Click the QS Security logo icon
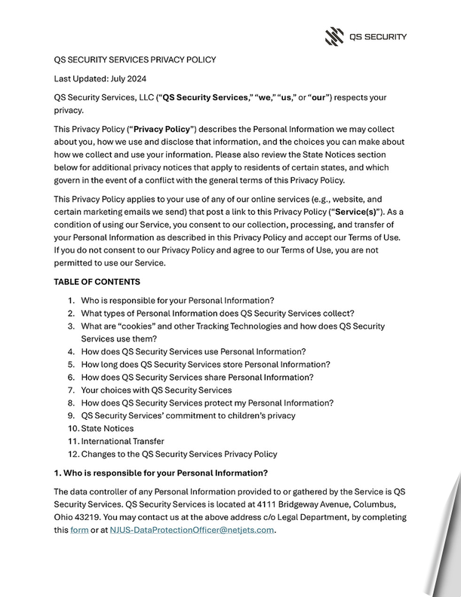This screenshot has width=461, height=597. point(334,35)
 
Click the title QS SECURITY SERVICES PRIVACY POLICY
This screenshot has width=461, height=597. point(135,60)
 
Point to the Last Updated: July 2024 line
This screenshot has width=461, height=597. point(100,78)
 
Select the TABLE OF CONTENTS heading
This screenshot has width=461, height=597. point(97,282)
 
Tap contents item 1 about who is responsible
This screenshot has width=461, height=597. point(177,300)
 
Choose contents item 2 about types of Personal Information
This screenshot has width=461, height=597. point(217,313)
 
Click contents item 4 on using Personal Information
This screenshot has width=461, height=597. point(193,351)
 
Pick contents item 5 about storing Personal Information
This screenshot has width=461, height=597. point(205,364)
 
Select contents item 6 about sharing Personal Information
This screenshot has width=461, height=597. point(197,377)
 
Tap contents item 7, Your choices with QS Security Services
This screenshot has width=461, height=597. point(156,390)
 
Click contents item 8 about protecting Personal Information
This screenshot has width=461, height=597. point(207,403)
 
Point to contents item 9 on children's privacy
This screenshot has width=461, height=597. point(188,415)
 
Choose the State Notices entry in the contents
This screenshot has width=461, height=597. point(107,428)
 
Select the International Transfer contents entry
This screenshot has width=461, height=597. point(122,441)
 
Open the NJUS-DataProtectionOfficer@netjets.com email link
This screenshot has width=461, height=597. point(192,530)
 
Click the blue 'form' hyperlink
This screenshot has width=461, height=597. point(79,530)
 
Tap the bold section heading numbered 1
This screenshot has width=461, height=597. point(161,473)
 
